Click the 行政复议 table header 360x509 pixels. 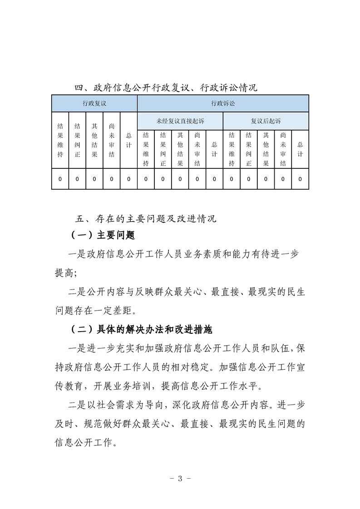(x=94, y=103)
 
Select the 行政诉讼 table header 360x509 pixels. (x=223, y=103)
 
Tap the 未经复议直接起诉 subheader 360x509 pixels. (x=180, y=121)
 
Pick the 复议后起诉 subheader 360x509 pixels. (x=266, y=121)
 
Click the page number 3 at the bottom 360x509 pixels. (x=180, y=478)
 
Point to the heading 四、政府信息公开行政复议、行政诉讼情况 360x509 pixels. (x=166, y=87)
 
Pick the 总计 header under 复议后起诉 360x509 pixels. (x=300, y=150)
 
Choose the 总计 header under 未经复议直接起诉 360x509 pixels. (x=214, y=150)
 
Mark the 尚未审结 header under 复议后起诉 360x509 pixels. (x=283, y=150)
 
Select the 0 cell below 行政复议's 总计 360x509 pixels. (x=129, y=180)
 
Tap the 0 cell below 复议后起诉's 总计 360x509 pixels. (x=300, y=180)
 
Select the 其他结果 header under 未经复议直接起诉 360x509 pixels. (x=180, y=150)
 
